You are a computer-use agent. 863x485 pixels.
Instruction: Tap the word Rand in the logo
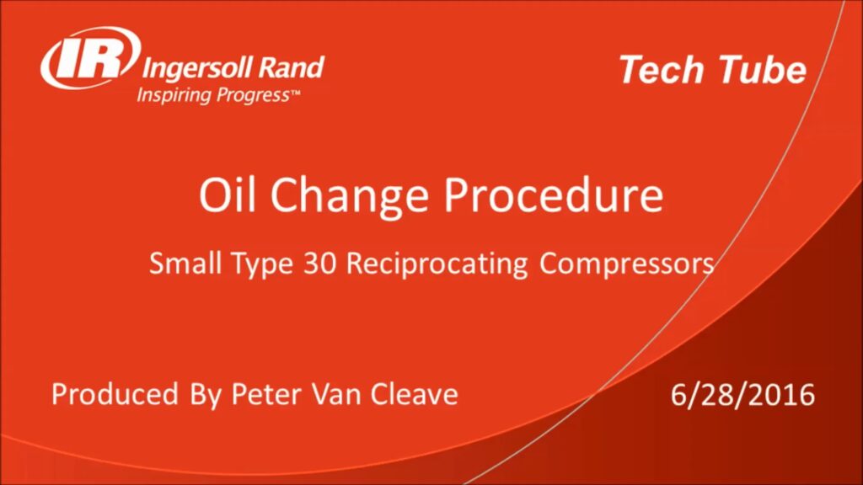pyautogui.click(x=291, y=67)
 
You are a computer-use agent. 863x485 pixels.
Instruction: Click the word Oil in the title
pyautogui.click(x=227, y=195)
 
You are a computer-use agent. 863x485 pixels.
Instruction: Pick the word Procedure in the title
pyautogui.click(x=553, y=195)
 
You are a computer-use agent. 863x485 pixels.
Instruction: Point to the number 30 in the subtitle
pyautogui.click(x=319, y=264)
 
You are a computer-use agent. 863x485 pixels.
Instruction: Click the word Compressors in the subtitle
pyautogui.click(x=626, y=264)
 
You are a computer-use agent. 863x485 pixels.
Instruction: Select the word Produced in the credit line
pyautogui.click(x=115, y=394)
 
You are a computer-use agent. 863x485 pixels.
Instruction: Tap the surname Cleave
pyautogui.click(x=414, y=394)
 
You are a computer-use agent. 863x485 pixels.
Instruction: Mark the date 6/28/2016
pyautogui.click(x=742, y=395)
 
